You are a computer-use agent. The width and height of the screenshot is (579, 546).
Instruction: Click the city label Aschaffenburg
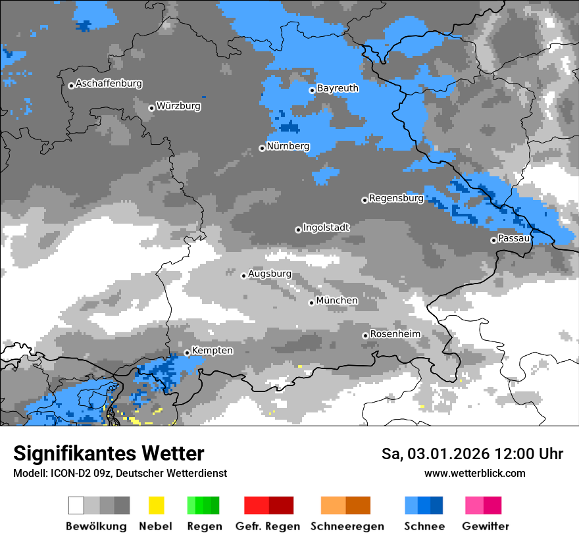(109, 84)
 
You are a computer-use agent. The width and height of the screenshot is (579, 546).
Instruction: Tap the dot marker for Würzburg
(151, 108)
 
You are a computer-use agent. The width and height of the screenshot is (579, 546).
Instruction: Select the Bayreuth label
(338, 88)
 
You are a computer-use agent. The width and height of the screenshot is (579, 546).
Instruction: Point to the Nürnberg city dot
(262, 148)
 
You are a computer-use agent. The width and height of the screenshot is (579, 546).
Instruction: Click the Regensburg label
(396, 198)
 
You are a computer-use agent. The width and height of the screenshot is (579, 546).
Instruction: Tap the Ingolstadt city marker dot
(298, 230)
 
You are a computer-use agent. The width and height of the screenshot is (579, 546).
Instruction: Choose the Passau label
(514, 238)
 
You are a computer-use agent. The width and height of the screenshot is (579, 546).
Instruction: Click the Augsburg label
(270, 274)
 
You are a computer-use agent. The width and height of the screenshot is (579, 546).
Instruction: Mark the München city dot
(312, 303)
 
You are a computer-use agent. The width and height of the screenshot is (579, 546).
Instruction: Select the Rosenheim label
(395, 334)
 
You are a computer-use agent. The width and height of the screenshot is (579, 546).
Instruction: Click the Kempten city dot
(187, 353)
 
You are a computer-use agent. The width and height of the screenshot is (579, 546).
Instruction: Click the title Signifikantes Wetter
(109, 454)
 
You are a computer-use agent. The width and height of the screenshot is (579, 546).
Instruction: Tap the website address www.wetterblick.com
(474, 474)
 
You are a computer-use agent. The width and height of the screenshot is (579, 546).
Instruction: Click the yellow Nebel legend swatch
(156, 505)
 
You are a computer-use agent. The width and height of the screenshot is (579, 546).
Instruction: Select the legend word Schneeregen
(347, 526)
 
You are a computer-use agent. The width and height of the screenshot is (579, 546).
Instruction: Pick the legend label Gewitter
(485, 526)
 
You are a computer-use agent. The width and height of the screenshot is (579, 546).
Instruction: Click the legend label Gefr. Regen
(268, 526)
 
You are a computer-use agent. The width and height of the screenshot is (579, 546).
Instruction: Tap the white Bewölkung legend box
(76, 505)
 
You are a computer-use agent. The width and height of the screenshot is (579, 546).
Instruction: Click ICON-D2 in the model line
(67, 474)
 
